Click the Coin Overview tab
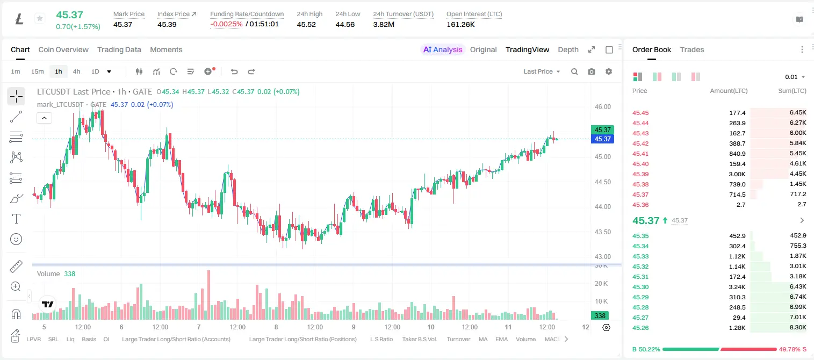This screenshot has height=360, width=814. click(63, 49)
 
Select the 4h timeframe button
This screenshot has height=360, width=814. click(76, 71)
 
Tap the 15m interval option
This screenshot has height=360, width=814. click(37, 71)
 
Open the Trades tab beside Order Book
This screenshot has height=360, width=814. click(692, 49)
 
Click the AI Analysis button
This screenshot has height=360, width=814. click(443, 49)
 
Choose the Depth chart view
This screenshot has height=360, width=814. click(568, 49)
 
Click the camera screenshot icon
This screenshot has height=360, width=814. click(592, 71)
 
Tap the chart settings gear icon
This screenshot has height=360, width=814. click(609, 71)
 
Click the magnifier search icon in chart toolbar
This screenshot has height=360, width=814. click(574, 71)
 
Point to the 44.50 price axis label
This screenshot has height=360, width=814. click(602, 182)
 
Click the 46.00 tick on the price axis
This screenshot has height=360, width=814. click(602, 107)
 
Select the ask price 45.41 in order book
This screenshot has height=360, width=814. click(640, 154)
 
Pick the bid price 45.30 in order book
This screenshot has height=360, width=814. click(640, 287)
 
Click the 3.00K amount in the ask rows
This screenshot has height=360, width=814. click(737, 174)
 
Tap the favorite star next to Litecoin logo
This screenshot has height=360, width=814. click(40, 18)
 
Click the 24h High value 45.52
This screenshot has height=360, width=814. click(306, 24)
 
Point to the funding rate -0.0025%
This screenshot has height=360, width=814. click(226, 24)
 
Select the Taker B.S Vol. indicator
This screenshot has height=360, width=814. click(419, 339)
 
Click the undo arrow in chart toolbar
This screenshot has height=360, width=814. click(234, 71)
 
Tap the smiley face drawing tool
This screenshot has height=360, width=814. click(16, 239)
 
